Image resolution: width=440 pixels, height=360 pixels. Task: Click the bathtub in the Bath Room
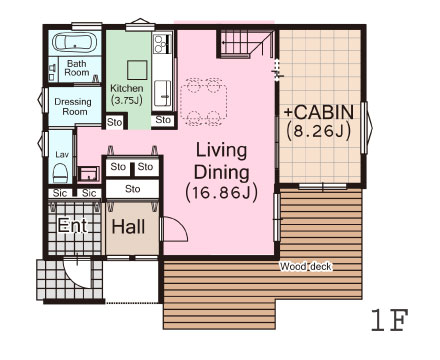pos(75,43)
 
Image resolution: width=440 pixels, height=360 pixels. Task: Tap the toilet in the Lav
pos(60,173)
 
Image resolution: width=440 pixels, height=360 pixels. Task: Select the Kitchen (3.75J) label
pos(127,94)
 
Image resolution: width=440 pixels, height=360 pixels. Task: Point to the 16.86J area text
pos(222,193)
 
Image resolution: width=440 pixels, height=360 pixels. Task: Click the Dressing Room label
pos(73,106)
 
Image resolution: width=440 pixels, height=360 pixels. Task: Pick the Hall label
pos(128,227)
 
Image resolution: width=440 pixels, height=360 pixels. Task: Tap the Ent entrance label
pos(72,225)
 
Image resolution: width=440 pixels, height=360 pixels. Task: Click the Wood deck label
pos(306,267)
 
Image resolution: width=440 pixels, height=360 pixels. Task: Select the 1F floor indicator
pos(390,320)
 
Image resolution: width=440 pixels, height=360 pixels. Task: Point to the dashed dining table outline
pos(204,102)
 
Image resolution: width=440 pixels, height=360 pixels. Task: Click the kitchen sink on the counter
pos(163,93)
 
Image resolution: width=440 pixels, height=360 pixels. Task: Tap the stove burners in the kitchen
pos(158,44)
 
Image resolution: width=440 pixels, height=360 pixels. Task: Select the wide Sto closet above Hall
pos(132,189)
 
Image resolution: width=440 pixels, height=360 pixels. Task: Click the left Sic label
pos(60,193)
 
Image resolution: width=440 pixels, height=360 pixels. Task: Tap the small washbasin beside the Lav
pos(88,174)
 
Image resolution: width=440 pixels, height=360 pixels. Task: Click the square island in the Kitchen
pos(137,70)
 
